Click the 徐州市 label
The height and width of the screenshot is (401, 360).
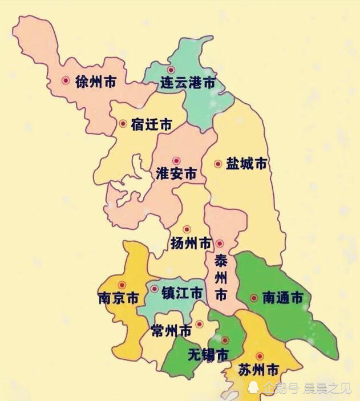(x=96, y=82)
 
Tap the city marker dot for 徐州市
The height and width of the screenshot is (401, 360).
(x=66, y=81)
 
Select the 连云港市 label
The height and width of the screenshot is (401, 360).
(x=188, y=83)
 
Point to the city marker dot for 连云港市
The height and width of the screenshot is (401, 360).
(x=171, y=70)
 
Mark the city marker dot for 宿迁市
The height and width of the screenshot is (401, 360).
(x=123, y=123)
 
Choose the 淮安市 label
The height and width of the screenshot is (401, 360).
(x=176, y=174)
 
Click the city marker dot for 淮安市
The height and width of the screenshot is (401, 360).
(x=176, y=161)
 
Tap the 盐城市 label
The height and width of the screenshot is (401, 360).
(x=246, y=164)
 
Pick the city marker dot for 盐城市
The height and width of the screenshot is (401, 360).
(x=217, y=164)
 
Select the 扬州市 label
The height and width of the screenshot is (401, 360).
(x=191, y=244)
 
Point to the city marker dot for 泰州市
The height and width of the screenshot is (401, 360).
(x=220, y=243)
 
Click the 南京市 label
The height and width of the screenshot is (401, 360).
(x=118, y=298)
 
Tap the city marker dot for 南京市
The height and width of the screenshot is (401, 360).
(x=122, y=285)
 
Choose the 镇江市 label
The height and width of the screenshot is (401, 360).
(x=182, y=294)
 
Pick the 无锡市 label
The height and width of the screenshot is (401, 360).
(x=208, y=355)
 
